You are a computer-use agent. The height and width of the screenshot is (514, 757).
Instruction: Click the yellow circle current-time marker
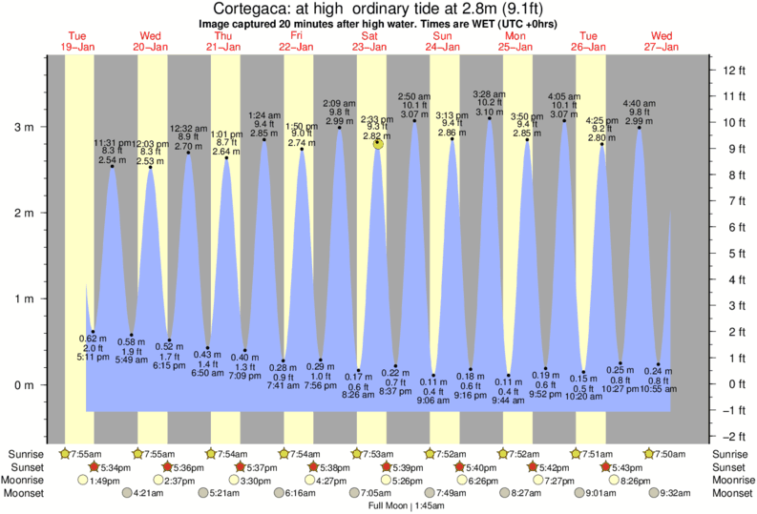pyautogui.click(x=379, y=143)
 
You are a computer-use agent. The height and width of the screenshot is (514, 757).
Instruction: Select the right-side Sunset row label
pyautogui.click(x=730, y=466)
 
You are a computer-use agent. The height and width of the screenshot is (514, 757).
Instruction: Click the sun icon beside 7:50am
pyautogui.click(x=650, y=453)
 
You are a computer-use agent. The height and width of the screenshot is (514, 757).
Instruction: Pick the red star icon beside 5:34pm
pyautogui.click(x=94, y=466)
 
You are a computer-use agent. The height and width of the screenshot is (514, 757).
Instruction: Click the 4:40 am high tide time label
pyautogui.click(x=639, y=103)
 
